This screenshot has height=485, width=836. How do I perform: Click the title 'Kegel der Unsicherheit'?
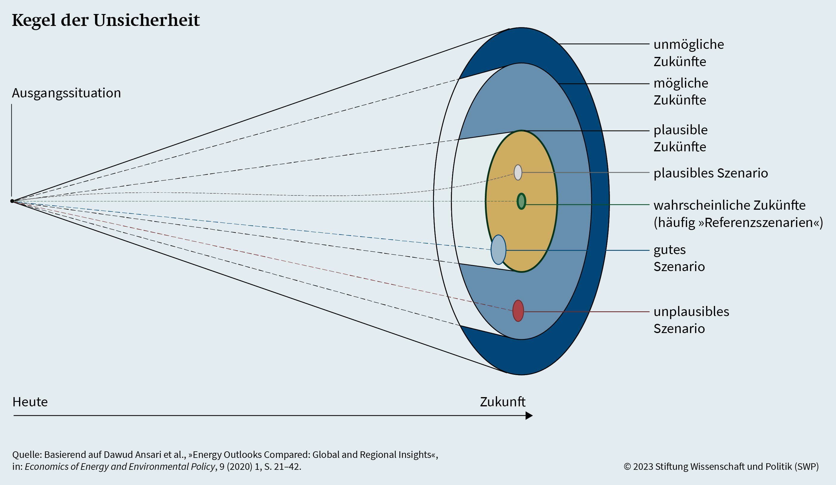[106, 21]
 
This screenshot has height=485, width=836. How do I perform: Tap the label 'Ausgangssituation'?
[66, 93]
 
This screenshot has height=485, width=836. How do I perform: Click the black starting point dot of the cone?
[12, 201]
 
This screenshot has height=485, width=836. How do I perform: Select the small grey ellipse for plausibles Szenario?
[518, 172]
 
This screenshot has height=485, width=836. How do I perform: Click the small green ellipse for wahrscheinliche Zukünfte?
[521, 201]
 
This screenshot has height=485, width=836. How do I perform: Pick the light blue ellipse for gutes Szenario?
[498, 250]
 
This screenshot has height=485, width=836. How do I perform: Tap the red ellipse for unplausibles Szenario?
[518, 311]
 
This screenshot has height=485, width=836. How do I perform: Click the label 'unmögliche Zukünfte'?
[689, 53]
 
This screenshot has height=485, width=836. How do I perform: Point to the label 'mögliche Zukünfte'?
[681, 91]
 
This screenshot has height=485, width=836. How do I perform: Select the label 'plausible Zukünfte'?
[681, 138]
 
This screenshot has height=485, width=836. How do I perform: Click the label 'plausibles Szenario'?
[711, 173]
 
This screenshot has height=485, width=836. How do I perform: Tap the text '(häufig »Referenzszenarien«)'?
[738, 223]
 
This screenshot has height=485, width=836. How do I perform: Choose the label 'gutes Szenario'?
[679, 258]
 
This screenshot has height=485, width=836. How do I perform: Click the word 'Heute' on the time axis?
[30, 402]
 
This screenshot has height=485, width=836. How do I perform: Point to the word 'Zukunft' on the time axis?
[503, 402]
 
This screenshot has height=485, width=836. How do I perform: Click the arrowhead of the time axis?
[529, 416]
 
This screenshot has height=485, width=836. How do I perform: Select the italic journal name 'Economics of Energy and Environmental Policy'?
[120, 467]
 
